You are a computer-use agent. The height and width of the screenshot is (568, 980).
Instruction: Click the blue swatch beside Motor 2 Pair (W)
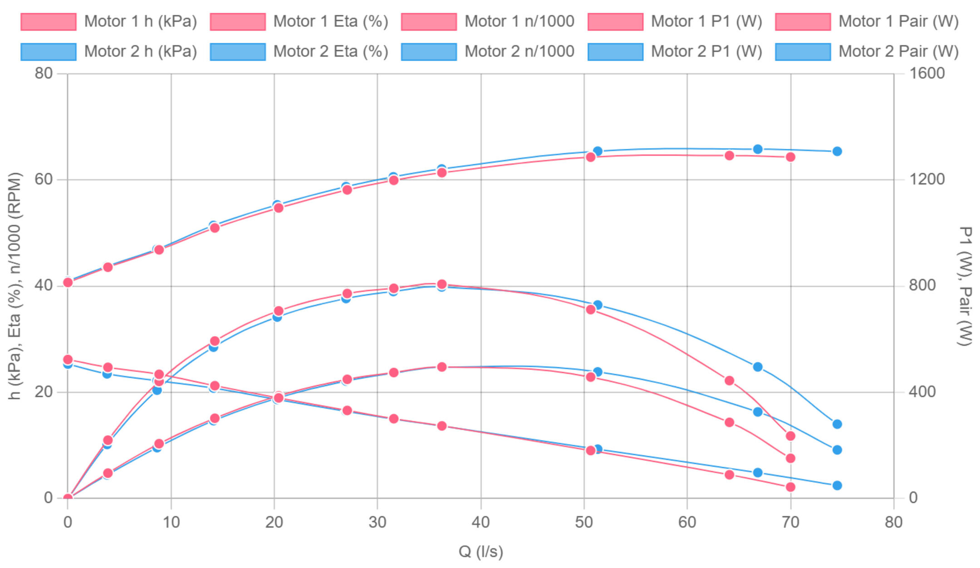[803, 52]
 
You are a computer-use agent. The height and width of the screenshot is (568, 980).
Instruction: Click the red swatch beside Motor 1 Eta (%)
[238, 22]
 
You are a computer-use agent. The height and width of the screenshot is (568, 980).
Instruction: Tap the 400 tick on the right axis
[922, 392]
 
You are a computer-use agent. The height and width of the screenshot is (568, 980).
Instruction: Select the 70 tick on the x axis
[790, 523]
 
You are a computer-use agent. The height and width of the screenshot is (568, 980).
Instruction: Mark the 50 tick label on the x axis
[584, 523]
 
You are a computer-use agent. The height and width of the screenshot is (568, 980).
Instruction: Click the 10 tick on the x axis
[171, 523]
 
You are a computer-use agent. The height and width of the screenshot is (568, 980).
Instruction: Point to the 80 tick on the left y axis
[44, 73]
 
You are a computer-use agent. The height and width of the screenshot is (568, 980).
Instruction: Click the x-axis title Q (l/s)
[481, 552]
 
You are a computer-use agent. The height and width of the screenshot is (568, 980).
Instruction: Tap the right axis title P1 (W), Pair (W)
[965, 286]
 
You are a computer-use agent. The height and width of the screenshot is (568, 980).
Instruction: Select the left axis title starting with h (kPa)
[15, 286]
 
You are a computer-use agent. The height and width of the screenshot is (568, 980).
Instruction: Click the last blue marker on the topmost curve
[837, 151]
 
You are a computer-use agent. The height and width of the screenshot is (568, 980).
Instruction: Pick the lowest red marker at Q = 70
[790, 487]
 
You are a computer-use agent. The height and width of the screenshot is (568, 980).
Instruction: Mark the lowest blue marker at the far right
[837, 485]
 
